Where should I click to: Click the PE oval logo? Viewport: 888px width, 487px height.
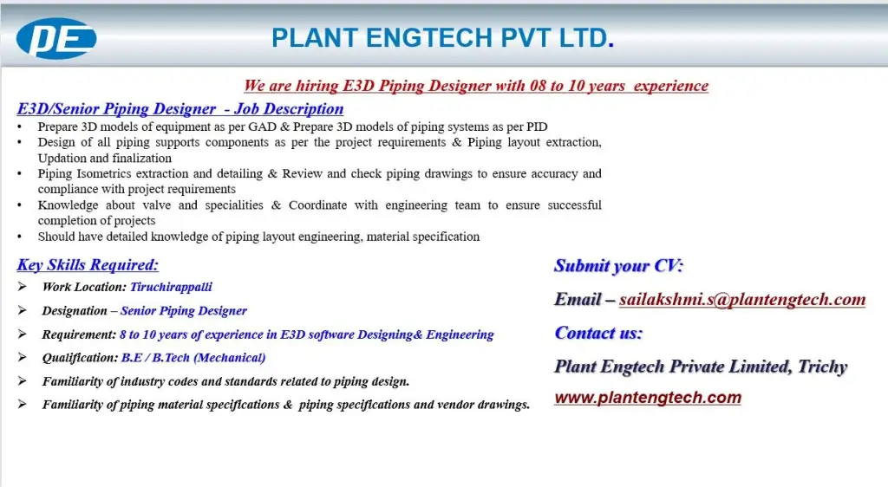[x=56, y=39]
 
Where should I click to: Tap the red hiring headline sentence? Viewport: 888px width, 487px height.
[x=475, y=86]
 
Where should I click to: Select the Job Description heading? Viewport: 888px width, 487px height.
[x=180, y=109]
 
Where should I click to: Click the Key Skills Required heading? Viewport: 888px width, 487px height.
[x=88, y=265]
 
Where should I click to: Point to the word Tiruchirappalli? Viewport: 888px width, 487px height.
[x=171, y=287]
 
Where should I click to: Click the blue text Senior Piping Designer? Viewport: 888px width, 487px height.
[x=184, y=311]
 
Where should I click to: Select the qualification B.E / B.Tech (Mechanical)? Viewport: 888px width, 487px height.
[x=193, y=357]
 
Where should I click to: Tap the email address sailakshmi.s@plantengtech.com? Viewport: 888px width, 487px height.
[x=742, y=300]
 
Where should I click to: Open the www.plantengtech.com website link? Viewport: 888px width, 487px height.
[x=648, y=398]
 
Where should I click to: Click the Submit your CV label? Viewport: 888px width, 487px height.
[x=618, y=266]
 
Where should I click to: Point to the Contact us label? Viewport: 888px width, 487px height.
[x=598, y=333]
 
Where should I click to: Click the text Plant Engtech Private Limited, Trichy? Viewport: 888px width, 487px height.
[x=701, y=367]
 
